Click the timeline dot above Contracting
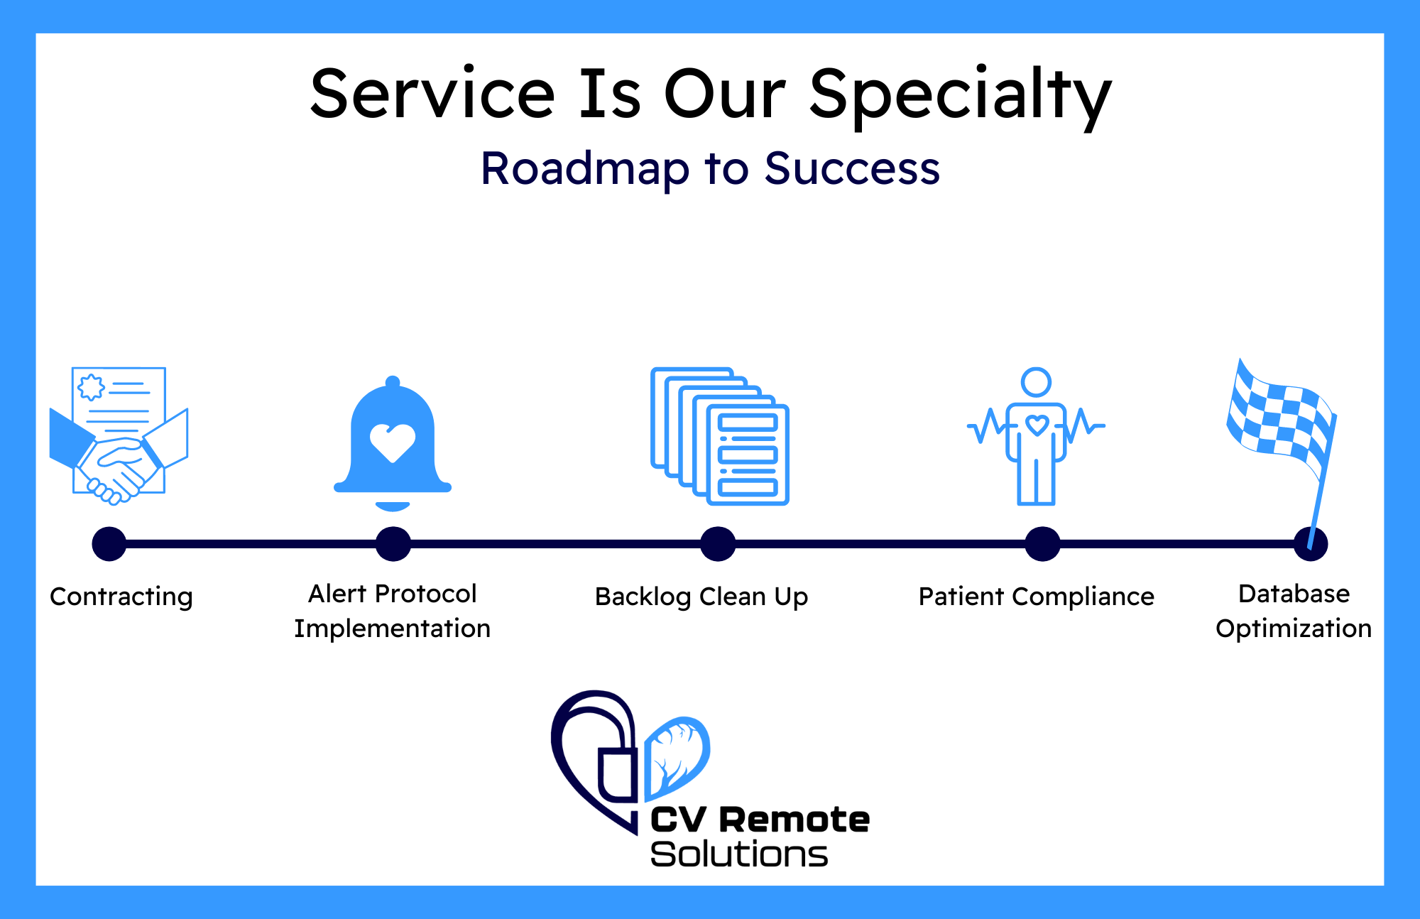(109, 544)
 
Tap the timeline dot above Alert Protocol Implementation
(393, 544)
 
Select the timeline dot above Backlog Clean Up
(718, 544)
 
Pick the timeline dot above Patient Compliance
(1042, 544)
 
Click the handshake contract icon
(119, 435)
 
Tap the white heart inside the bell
(393, 442)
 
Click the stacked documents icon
(720, 436)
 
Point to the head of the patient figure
(1036, 382)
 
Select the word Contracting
(121, 597)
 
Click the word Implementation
(392, 629)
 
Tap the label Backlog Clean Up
(701, 597)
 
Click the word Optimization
(1294, 629)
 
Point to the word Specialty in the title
(960, 96)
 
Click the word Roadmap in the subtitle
(584, 169)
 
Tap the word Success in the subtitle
(852, 169)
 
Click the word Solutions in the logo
(738, 854)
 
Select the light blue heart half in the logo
(677, 756)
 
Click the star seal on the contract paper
(91, 388)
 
